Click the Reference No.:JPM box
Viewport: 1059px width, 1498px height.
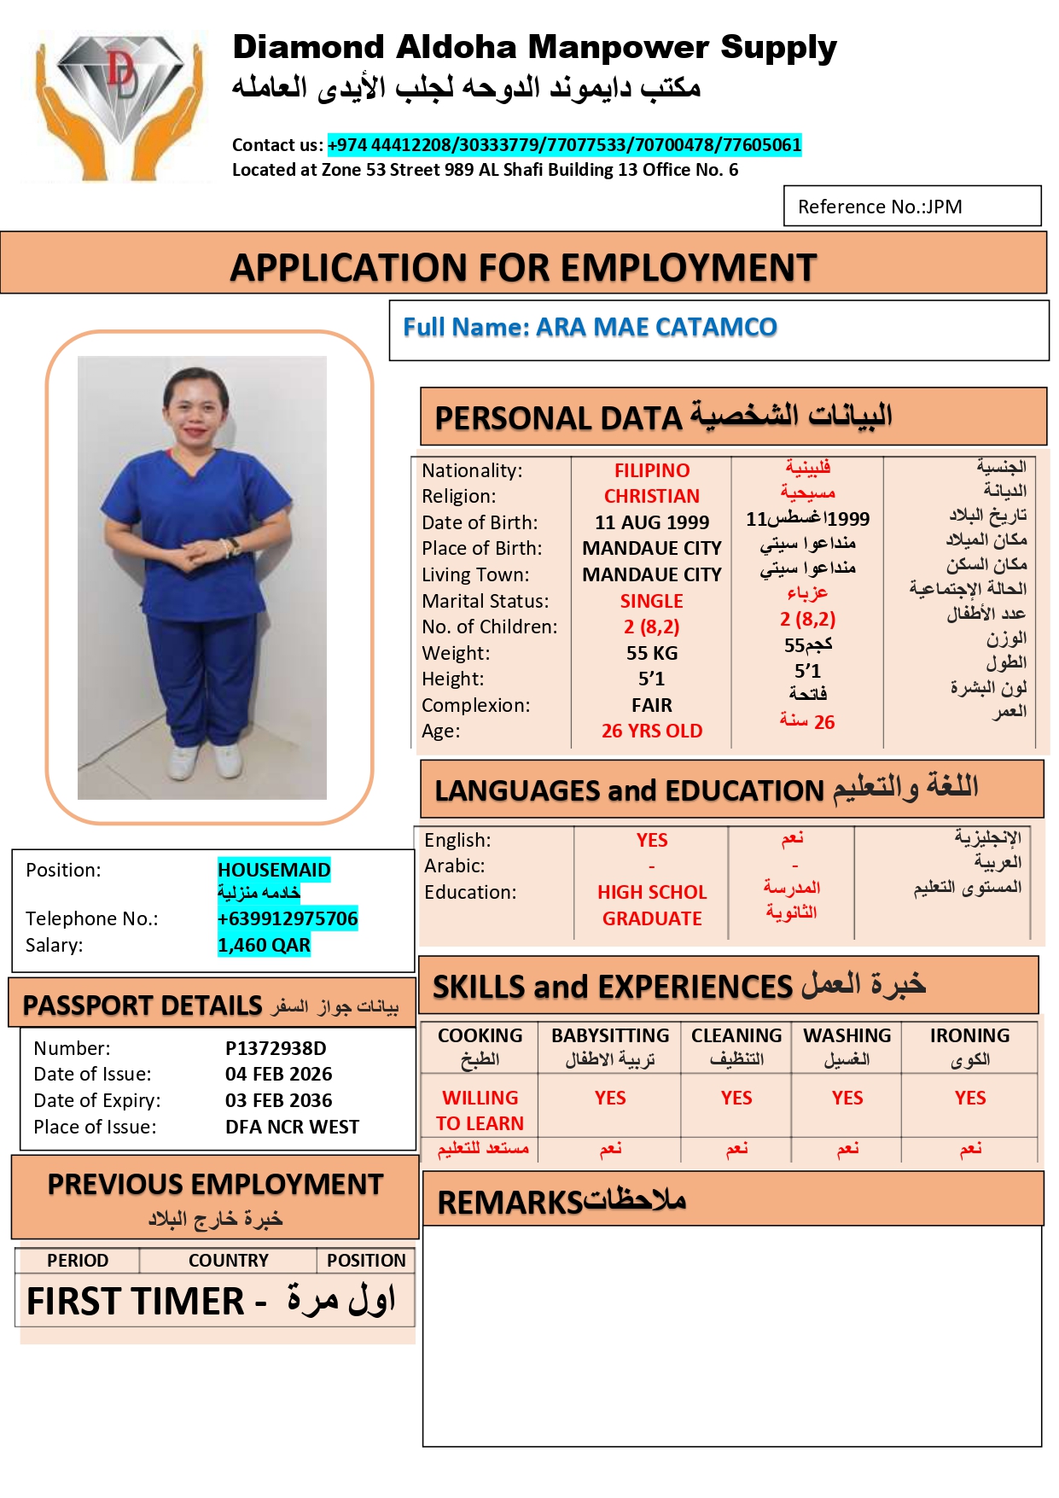click(911, 207)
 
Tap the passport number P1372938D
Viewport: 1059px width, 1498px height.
click(276, 1048)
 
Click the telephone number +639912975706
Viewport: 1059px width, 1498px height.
click(288, 918)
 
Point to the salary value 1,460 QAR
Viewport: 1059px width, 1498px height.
click(264, 945)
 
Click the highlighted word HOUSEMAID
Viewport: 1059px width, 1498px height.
click(274, 870)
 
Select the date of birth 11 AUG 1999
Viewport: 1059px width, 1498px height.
click(652, 522)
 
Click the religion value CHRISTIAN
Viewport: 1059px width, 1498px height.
click(652, 496)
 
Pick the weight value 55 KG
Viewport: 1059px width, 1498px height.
click(652, 653)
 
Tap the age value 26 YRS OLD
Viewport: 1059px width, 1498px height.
click(652, 731)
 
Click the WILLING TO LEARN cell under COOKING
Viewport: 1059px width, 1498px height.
click(480, 1110)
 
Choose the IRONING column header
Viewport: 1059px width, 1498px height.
click(969, 1035)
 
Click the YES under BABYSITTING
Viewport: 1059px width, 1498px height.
click(610, 1098)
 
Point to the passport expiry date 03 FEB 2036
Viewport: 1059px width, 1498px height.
click(278, 1100)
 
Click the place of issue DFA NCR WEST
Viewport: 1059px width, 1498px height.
click(292, 1127)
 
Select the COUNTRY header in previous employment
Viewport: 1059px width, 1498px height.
click(228, 1260)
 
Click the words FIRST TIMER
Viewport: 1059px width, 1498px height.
click(136, 1302)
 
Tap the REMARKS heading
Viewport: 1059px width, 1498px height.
click(509, 1203)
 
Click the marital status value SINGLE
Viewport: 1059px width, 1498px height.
click(652, 601)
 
